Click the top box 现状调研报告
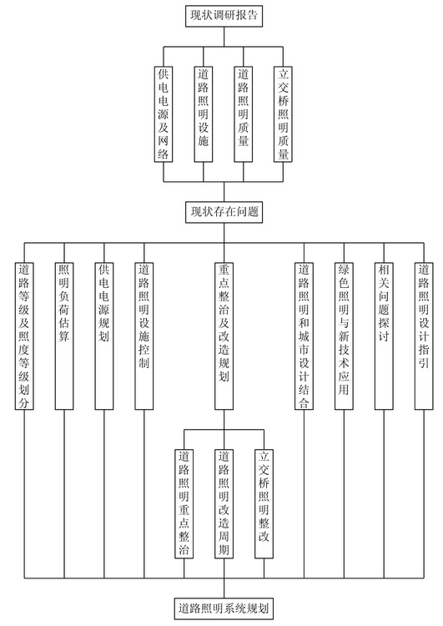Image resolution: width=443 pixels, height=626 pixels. (x=224, y=16)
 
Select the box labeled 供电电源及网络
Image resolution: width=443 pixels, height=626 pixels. (x=164, y=114)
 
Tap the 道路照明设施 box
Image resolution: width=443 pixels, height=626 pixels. (x=203, y=114)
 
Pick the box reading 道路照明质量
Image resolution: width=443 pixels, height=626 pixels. (x=243, y=114)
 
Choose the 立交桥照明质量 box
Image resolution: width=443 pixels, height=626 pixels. (x=283, y=114)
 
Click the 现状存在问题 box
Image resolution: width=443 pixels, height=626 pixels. (x=224, y=212)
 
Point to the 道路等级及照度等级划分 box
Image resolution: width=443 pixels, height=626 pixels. (x=24, y=336)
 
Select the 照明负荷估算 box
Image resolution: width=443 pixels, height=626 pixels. (x=64, y=336)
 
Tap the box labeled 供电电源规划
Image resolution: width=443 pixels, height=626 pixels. (x=103, y=336)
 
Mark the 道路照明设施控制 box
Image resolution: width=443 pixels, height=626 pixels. (x=143, y=336)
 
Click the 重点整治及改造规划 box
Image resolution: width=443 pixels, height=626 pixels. (x=224, y=336)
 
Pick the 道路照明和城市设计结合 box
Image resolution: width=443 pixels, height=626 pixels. (x=304, y=336)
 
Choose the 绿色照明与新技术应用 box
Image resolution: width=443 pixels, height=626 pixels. (x=344, y=336)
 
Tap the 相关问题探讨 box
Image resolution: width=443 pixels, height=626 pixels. (x=384, y=336)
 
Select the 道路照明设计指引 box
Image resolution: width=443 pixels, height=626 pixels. (x=424, y=336)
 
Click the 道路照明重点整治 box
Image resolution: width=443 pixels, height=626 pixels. (x=184, y=503)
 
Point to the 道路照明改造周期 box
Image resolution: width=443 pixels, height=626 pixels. (x=224, y=503)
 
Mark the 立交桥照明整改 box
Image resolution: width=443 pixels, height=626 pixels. (x=264, y=503)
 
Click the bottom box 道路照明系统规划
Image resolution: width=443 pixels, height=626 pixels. (x=224, y=608)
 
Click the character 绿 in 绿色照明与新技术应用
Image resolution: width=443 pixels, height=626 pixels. (x=344, y=270)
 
